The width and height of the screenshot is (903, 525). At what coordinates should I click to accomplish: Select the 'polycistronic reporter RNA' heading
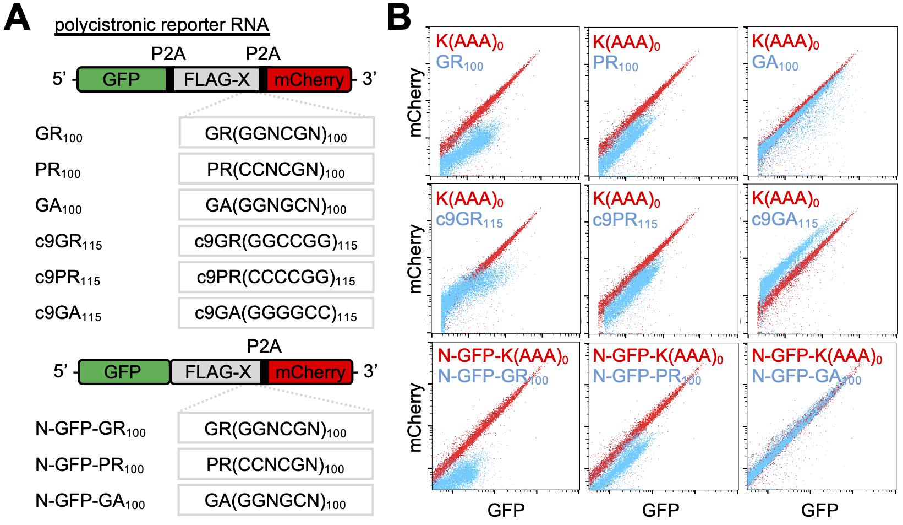(161, 26)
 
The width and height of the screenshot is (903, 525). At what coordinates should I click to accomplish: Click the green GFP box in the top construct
(122, 80)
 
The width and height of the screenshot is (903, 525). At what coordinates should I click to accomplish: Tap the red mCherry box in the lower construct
(310, 372)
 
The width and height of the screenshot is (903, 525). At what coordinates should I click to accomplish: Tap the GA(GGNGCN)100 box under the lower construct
(276, 501)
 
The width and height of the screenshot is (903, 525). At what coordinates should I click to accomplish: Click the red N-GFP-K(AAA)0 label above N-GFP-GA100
(817, 357)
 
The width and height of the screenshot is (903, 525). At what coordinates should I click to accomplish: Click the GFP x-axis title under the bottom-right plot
(819, 510)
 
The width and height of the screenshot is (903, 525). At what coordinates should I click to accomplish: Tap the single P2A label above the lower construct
(264, 346)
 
